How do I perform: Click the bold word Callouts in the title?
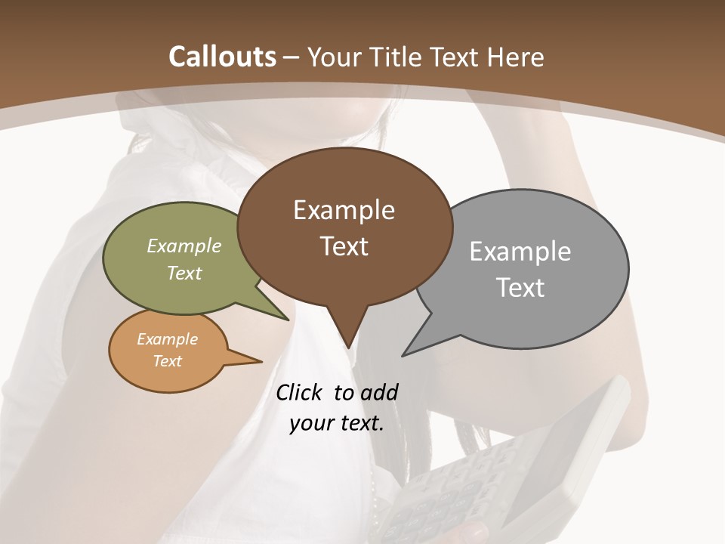pos(222,57)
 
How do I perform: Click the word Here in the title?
pos(516,57)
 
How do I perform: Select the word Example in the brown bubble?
pos(344,210)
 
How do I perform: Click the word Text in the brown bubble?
pos(344,246)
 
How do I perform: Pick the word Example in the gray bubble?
pos(520,252)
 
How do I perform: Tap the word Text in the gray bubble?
pos(520,288)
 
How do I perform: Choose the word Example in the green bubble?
pos(184,246)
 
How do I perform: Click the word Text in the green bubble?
pos(184,273)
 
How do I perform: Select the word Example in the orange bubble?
pos(167,339)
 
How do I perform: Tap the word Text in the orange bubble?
pos(167,361)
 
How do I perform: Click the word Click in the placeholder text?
pos(299,392)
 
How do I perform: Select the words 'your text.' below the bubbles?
pos(336,423)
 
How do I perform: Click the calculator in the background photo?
pos(529,468)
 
